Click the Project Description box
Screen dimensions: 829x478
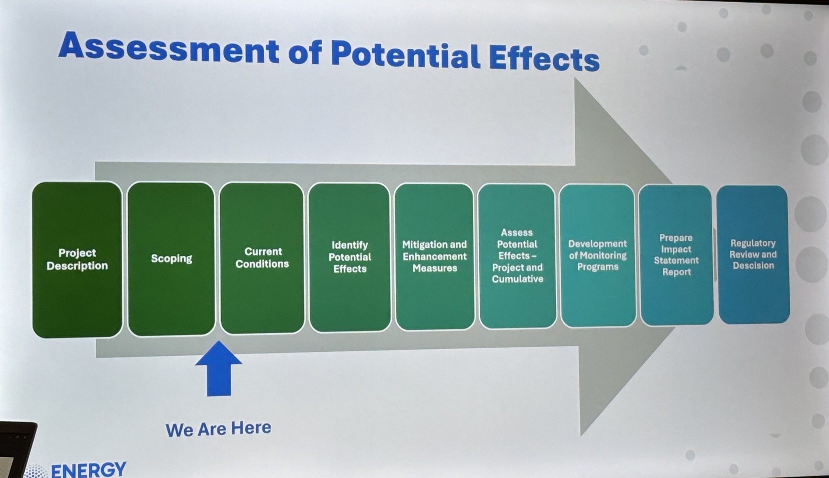click(77, 259)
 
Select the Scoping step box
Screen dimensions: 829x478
click(171, 258)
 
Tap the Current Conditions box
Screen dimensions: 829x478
click(262, 258)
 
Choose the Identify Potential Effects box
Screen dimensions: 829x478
click(350, 258)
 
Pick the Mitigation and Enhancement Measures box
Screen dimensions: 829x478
click(434, 257)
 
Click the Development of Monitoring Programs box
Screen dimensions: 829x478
click(598, 255)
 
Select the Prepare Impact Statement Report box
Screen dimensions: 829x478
click(676, 255)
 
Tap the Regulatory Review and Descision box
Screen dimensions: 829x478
click(753, 255)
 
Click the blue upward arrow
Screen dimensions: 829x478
click(218, 368)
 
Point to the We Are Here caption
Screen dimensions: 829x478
click(218, 429)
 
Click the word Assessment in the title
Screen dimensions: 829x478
click(169, 48)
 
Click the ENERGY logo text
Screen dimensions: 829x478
click(89, 470)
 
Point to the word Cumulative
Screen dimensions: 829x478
click(518, 279)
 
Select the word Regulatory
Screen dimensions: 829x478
click(753, 243)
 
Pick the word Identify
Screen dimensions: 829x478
click(350, 245)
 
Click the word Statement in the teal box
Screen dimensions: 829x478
click(676, 260)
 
